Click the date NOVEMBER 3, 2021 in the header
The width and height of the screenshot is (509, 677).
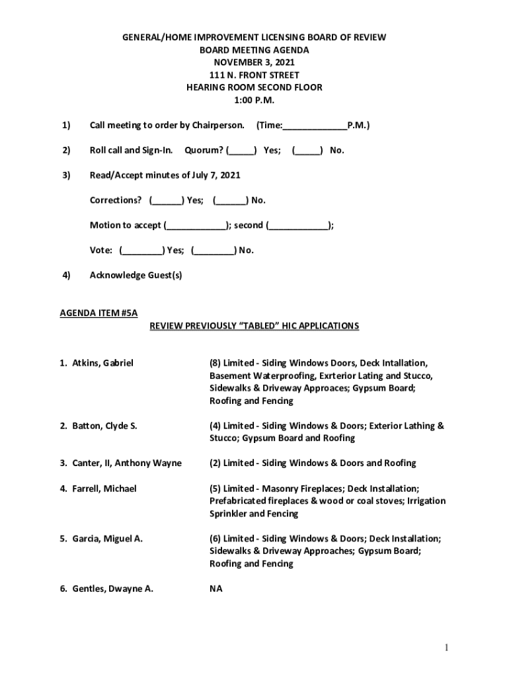click(x=254, y=63)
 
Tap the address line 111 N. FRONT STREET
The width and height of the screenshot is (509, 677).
click(x=254, y=75)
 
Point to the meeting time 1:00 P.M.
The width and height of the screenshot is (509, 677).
click(x=254, y=100)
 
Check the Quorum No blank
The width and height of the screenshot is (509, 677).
click(x=307, y=150)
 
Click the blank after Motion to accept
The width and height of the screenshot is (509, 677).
click(x=196, y=225)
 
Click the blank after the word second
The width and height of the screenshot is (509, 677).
click(x=299, y=225)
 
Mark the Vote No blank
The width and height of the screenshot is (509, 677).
click(x=214, y=251)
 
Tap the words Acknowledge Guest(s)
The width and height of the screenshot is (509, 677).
click(x=136, y=275)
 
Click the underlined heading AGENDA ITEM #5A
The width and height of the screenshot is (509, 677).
click(x=99, y=313)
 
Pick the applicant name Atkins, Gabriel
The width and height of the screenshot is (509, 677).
click(x=102, y=363)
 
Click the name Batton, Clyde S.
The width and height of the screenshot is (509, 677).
click(x=104, y=426)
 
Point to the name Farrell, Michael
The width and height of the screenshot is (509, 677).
click(x=104, y=489)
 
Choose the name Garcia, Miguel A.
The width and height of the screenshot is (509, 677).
click(x=107, y=539)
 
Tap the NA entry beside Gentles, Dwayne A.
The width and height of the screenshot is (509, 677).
click(x=216, y=588)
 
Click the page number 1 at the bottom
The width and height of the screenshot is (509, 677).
click(x=448, y=648)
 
